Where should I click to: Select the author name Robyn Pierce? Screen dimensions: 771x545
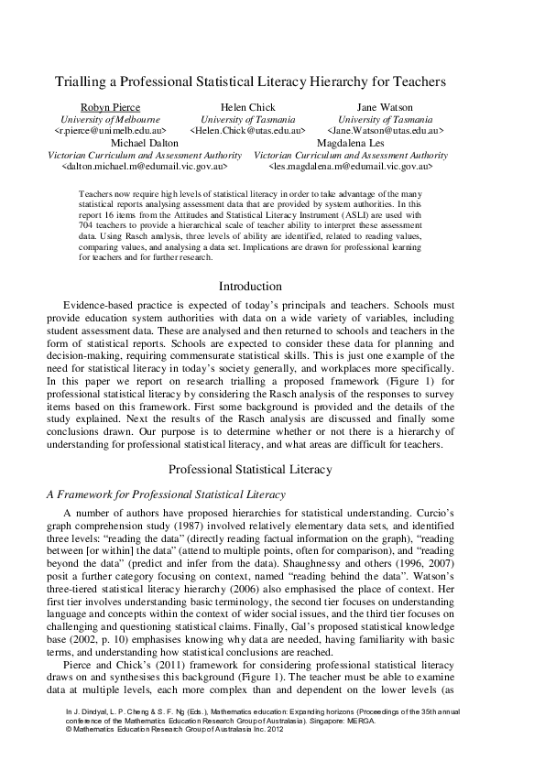110,108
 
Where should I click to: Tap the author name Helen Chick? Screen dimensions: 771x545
247,108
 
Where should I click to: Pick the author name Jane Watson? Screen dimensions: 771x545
385,108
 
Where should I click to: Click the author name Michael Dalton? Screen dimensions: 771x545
145,144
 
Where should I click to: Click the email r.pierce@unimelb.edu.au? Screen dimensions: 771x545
110,132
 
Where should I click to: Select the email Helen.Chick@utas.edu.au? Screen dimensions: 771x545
247,132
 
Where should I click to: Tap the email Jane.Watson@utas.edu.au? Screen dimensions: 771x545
385,132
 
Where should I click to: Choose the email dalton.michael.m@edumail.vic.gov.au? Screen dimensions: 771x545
145,168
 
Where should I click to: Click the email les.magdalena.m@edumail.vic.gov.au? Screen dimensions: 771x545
351,168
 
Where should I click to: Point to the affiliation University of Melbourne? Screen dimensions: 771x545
110,120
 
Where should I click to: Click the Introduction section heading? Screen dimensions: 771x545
250,287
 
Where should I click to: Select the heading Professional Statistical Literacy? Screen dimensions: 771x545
250,470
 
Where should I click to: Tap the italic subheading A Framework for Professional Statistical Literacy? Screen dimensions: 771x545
166,494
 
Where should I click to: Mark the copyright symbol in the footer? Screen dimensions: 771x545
69,729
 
